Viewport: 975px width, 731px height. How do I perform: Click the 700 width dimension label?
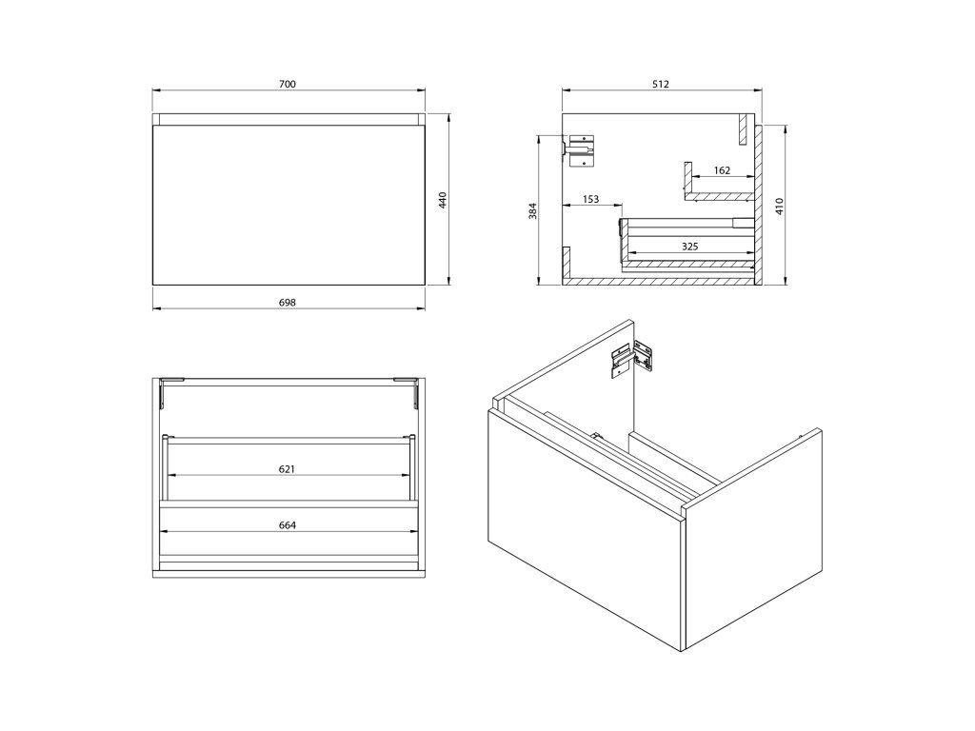click(x=288, y=84)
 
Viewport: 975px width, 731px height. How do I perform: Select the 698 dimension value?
click(x=288, y=303)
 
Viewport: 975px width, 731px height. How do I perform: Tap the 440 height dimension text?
click(x=443, y=200)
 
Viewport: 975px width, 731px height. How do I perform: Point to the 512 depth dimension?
click(x=661, y=84)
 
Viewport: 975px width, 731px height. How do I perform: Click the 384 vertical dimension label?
click(x=532, y=211)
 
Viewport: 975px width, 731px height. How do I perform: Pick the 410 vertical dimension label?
click(x=780, y=206)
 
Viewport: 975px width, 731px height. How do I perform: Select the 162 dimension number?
click(x=722, y=170)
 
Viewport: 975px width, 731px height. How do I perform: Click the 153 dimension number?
click(x=590, y=199)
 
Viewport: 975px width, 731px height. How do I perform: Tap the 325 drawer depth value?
click(x=689, y=247)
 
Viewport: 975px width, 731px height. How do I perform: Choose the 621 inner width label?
click(x=287, y=468)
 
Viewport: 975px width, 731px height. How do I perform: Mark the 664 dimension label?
click(x=288, y=525)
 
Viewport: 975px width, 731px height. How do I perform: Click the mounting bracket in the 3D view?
click(x=633, y=358)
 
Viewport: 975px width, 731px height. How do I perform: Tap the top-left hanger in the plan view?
click(x=171, y=391)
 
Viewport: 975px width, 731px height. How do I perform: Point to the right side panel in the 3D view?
click(x=752, y=540)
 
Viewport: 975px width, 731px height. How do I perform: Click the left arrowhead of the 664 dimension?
click(x=165, y=531)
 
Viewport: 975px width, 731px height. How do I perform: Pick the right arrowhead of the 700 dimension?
click(x=421, y=90)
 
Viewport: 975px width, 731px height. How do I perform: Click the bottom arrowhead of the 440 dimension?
click(x=449, y=281)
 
